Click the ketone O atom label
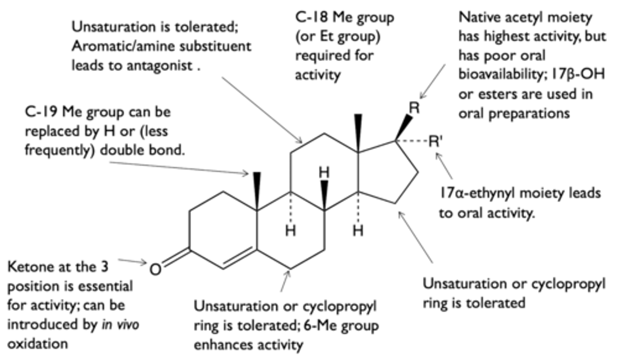coord(155,269)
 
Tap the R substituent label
coord(414,108)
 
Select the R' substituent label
coord(435,141)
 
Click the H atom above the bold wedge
coord(324,173)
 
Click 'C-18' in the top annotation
coord(312,17)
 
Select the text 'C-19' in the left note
coord(41,112)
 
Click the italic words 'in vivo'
coord(120,325)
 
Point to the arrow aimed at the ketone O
coord(132,261)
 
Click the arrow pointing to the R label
coord(432,82)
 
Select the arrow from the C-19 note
coord(179,168)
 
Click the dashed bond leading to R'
coord(412,141)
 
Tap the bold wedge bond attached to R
coord(404,128)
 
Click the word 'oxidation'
coord(37,344)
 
